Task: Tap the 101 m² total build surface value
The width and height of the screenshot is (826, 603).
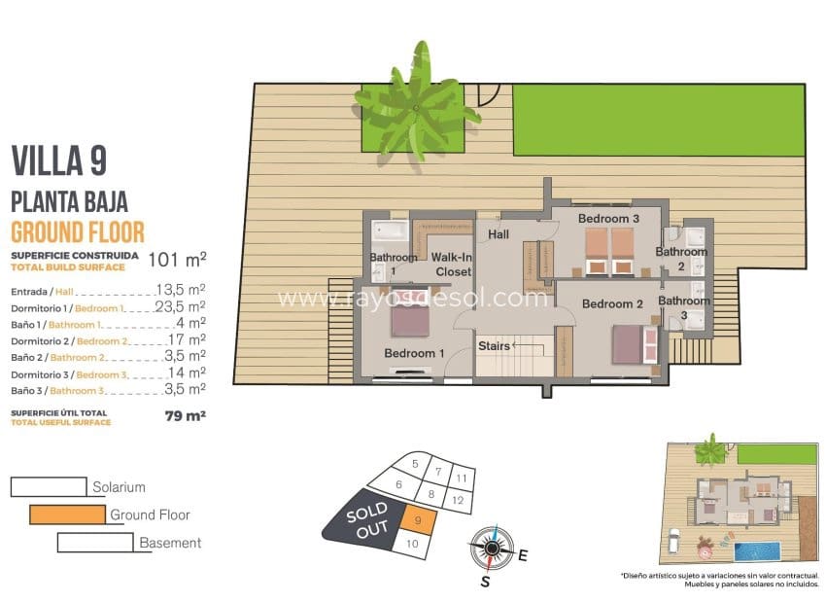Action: (176, 260)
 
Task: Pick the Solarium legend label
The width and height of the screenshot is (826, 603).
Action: (119, 486)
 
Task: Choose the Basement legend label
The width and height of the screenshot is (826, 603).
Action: (170, 543)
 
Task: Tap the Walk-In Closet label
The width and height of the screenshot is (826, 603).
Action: (453, 265)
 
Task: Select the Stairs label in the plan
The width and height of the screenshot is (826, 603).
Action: (494, 345)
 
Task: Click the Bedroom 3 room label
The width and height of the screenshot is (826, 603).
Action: (608, 219)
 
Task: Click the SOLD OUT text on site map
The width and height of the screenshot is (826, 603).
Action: (365, 518)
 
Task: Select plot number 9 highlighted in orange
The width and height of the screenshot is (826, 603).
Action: (417, 521)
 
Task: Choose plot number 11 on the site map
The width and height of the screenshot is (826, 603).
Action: (463, 478)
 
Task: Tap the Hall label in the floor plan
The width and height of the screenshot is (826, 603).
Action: (499, 234)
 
